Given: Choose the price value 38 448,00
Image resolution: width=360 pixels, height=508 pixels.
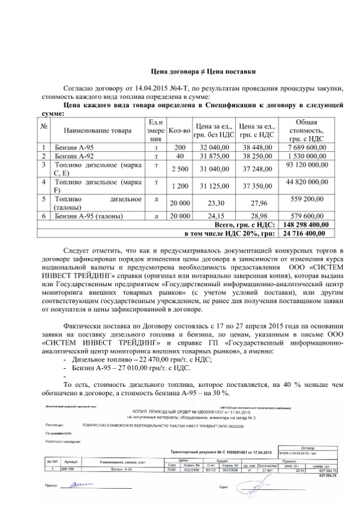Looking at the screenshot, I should [x=257, y=146].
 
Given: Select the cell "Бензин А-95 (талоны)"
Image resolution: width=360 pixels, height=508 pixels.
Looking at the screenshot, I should [x=88, y=215].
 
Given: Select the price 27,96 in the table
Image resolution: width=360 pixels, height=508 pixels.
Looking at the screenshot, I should [x=257, y=203].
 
